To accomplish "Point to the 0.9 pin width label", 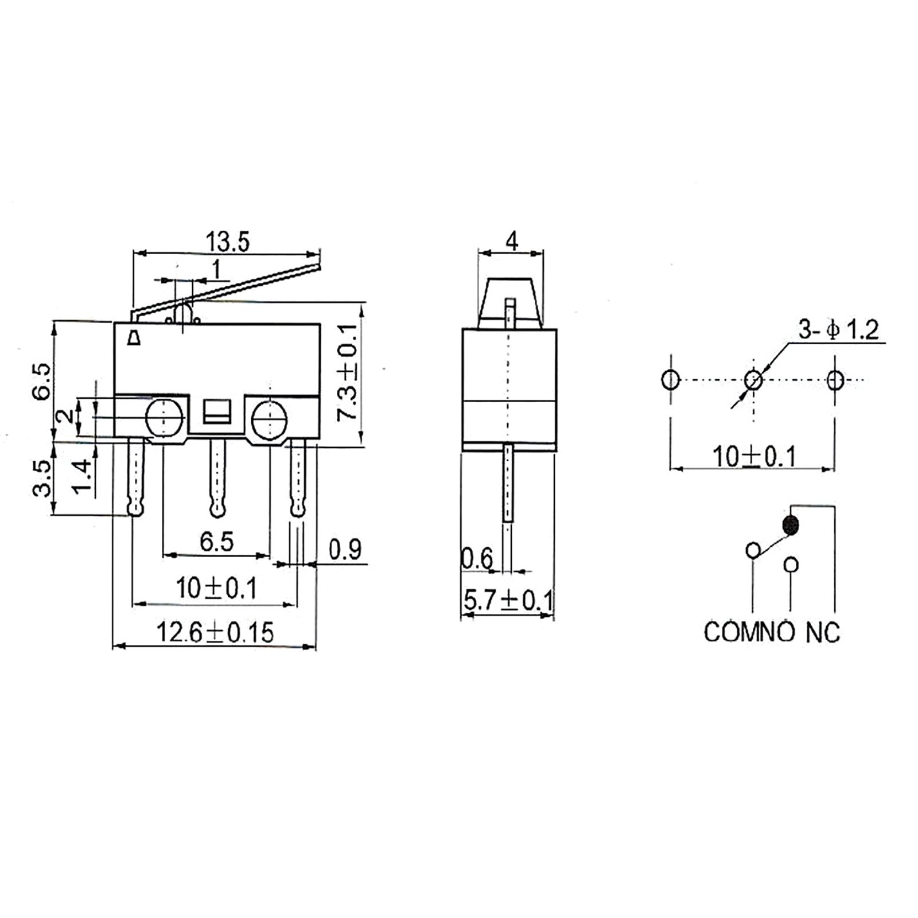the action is coord(345,549).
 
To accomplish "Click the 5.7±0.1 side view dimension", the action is coord(508,601).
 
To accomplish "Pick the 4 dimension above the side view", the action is coord(512,241).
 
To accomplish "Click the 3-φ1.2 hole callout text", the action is coord(838,330).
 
